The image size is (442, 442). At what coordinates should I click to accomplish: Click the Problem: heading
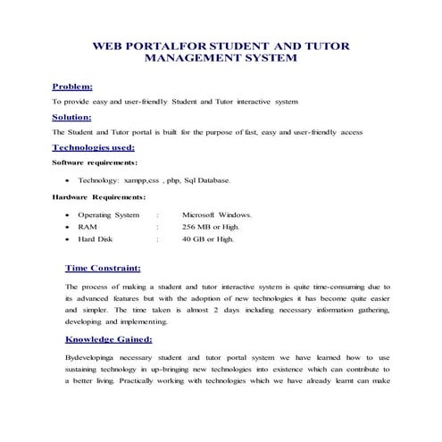coord(72,87)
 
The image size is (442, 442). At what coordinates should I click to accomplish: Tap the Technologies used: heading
coord(94,147)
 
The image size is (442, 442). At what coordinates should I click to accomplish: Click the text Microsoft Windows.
coord(217,215)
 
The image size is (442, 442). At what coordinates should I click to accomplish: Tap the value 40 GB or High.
coord(207,239)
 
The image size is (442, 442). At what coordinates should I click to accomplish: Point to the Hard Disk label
coord(94,239)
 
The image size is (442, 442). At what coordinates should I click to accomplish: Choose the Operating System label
coord(109,215)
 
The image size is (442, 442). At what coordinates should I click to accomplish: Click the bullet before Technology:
coord(69,181)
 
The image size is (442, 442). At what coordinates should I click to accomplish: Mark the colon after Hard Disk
coord(157,239)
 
